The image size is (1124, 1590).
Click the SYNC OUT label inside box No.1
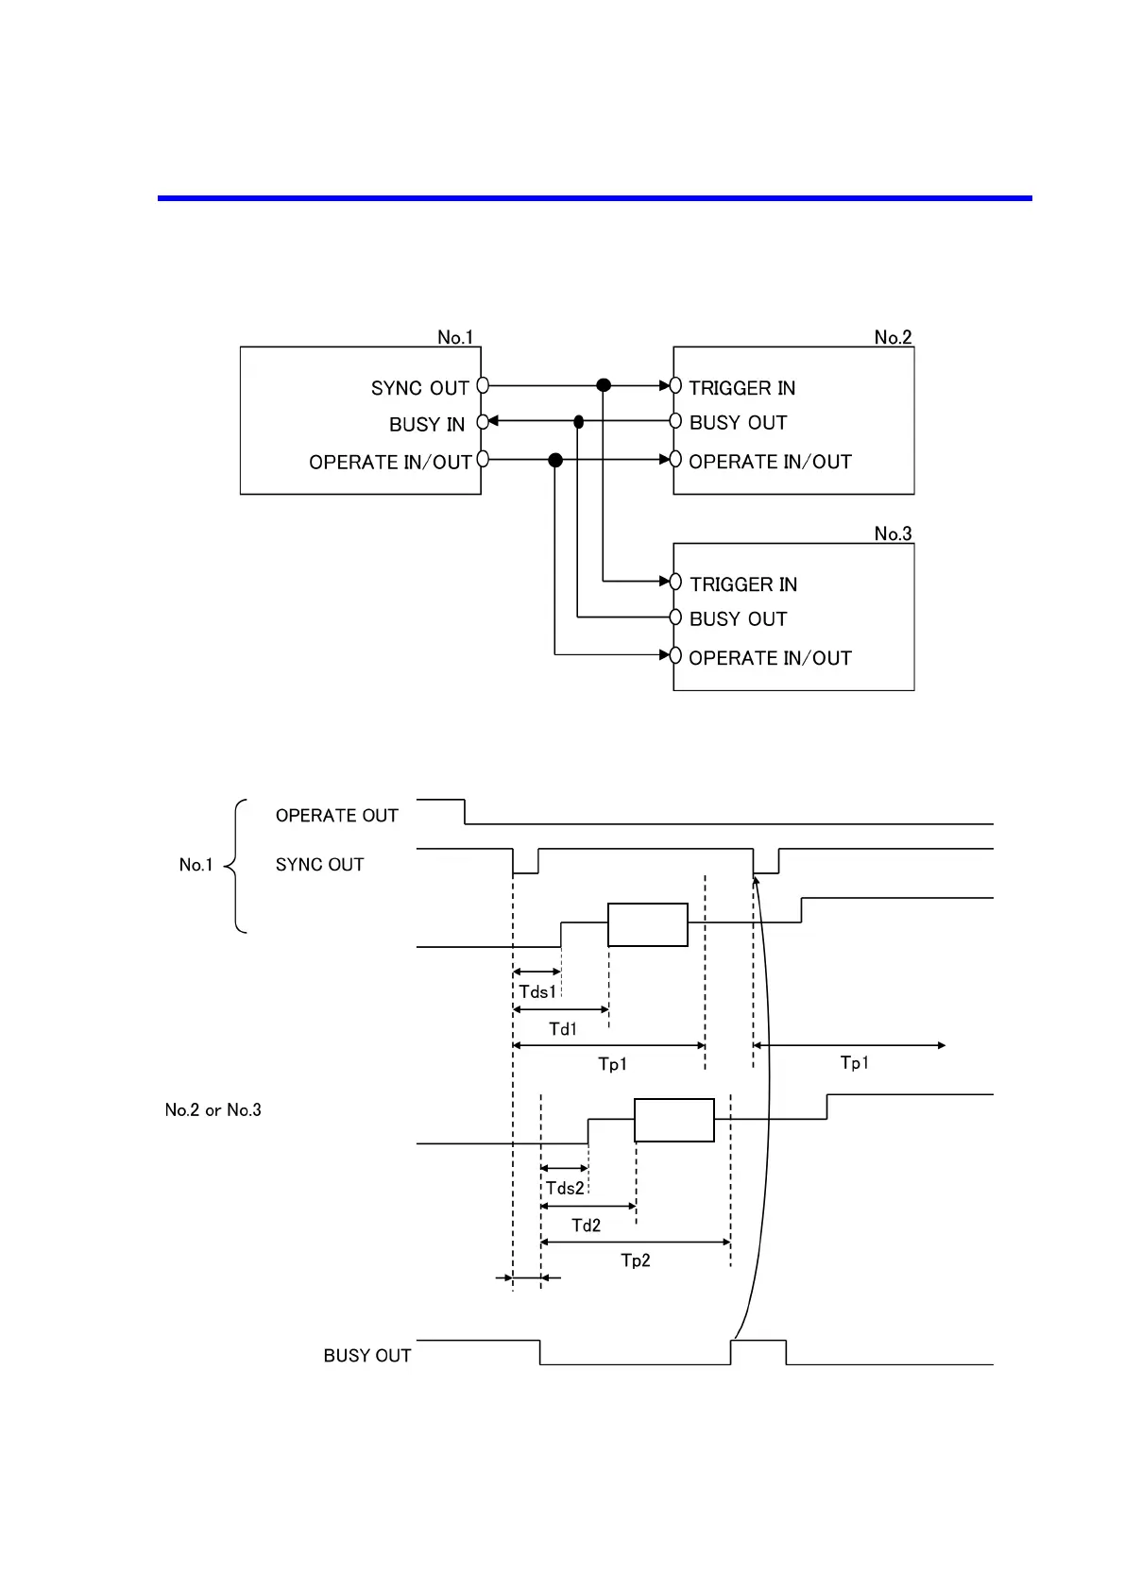point(419,388)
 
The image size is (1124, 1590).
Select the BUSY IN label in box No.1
point(427,425)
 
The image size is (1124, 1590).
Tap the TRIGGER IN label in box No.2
point(741,388)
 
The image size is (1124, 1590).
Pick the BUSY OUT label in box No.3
point(738,619)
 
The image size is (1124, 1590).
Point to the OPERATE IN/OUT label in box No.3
point(770,658)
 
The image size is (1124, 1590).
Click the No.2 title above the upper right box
point(893,337)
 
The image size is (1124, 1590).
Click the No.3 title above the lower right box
point(893,533)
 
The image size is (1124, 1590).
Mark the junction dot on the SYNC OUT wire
point(604,385)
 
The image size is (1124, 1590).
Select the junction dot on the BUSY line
point(579,422)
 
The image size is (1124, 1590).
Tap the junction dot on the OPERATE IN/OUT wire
point(555,460)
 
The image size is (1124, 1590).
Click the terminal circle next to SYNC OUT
point(483,385)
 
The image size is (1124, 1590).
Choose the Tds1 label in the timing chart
point(537,991)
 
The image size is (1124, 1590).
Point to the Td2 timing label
point(586,1226)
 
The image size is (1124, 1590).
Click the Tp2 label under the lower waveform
point(635,1260)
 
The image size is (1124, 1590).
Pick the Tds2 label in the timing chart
point(565,1188)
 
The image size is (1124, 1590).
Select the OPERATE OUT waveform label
point(336,816)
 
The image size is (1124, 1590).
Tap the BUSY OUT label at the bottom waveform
point(366,1356)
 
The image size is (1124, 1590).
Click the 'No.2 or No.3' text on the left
point(213,1110)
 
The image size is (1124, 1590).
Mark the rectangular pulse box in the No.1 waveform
point(647,924)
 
